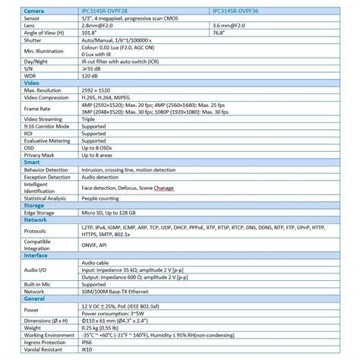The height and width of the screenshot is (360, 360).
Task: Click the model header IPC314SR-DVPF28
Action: [105, 11]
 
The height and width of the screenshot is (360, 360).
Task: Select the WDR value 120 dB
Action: [90, 76]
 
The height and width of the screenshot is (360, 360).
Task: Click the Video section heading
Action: [33, 82]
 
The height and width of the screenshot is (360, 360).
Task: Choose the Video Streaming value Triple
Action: [88, 118]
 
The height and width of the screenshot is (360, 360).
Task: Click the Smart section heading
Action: [32, 162]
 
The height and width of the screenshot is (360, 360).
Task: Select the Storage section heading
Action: [35, 205]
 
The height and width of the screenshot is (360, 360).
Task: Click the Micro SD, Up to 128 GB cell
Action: [115, 212]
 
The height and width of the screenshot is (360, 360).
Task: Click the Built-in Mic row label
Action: [39, 284]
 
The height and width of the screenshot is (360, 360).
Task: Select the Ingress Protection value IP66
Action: [87, 341]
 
